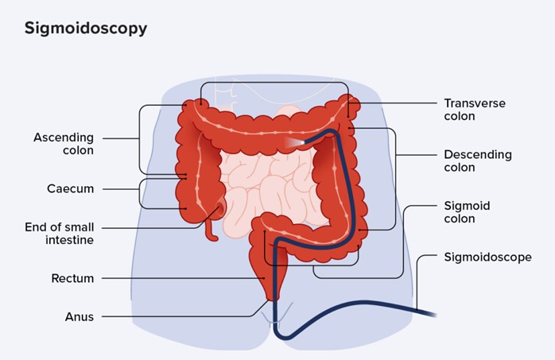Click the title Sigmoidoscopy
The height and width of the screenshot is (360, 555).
[x=86, y=29]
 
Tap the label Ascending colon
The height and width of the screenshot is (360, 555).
[x=64, y=144]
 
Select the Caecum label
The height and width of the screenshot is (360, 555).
[x=70, y=189]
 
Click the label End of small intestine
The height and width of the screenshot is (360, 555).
[x=60, y=234]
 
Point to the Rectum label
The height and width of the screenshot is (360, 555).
[x=72, y=278]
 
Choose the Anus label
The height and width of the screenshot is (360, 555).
[x=80, y=316]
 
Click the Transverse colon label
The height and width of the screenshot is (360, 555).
[x=475, y=110]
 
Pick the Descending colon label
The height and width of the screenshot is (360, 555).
[x=477, y=161]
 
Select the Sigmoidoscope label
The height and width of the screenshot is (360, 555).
[x=487, y=257]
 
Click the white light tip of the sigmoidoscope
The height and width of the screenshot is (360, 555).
[x=295, y=141]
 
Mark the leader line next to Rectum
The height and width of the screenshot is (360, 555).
[x=183, y=278]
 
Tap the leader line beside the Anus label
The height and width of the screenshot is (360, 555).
[x=183, y=316]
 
